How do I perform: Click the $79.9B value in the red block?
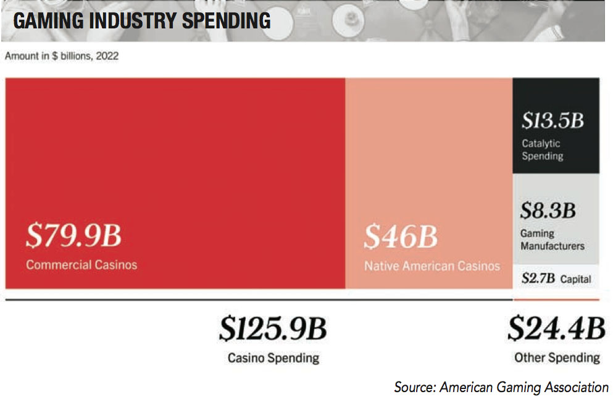(73, 236)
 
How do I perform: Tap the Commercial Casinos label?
(81, 265)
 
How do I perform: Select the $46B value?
(400, 238)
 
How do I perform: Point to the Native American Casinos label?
(432, 266)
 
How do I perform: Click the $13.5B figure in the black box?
(553, 120)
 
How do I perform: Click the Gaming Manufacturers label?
(552, 240)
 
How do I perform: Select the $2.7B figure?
(538, 278)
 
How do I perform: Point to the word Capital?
(576, 279)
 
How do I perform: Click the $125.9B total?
(272, 330)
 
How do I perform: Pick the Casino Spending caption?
(273, 357)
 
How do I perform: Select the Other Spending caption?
(557, 357)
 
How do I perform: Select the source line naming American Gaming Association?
(501, 387)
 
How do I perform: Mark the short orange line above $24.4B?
(556, 299)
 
